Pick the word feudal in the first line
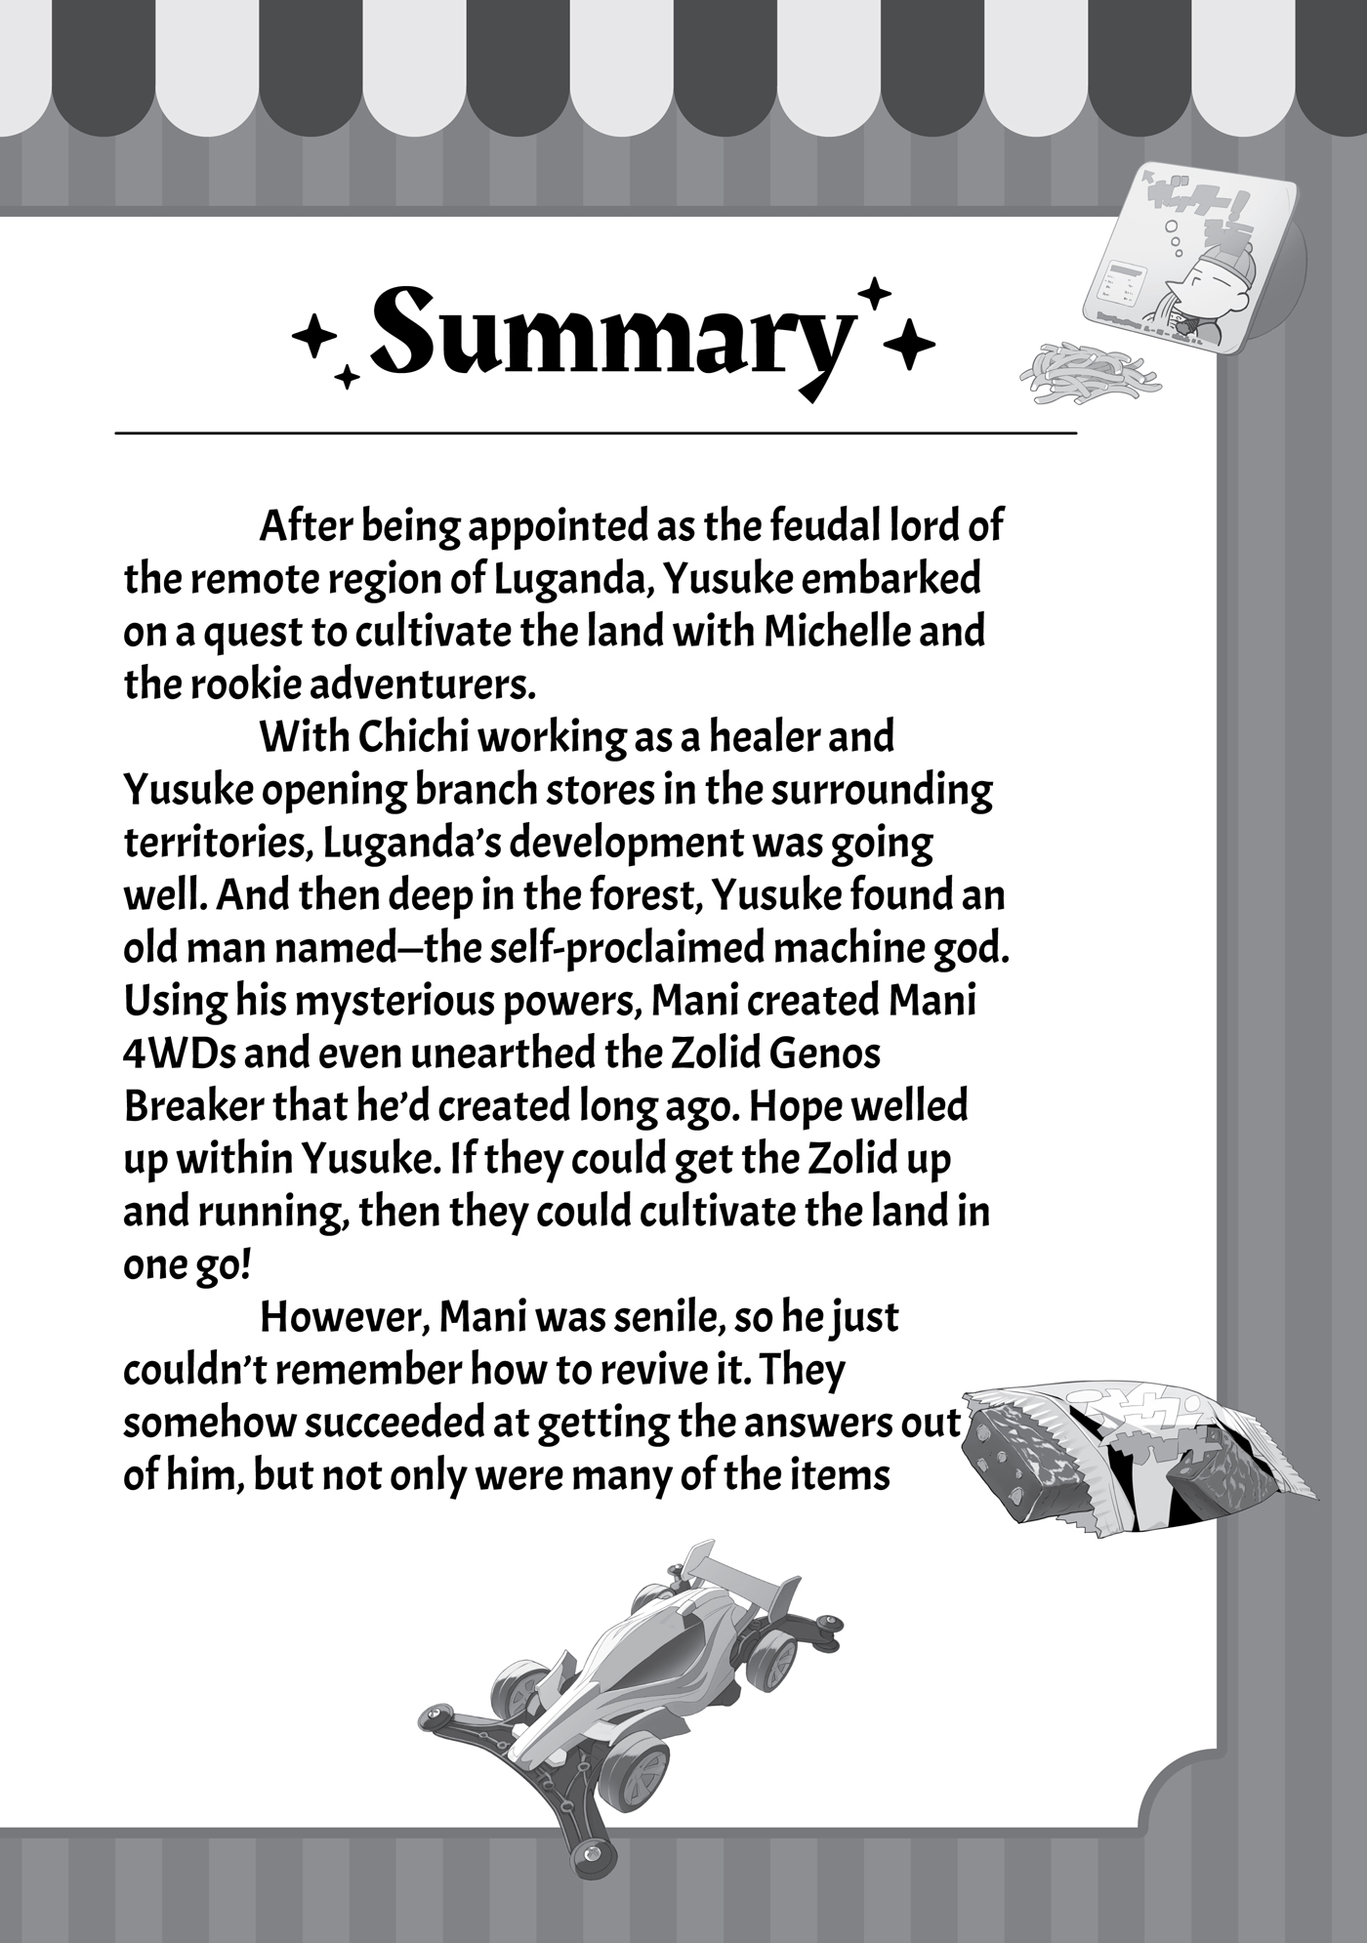click(800, 527)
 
